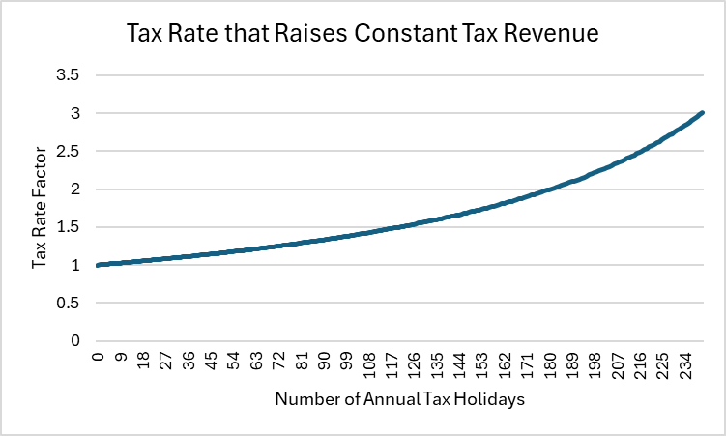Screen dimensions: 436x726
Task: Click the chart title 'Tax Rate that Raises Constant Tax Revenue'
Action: pyautogui.click(x=363, y=35)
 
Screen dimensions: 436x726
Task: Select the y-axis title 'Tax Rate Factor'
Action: pyautogui.click(x=40, y=208)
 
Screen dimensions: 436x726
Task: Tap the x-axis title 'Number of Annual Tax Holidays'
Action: pyautogui.click(x=399, y=399)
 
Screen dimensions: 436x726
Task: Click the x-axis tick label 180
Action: pyautogui.click(x=550, y=365)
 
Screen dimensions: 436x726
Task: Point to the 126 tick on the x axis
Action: pyautogui.click(x=415, y=365)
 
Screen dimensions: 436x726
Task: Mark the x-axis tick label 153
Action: pyautogui.click(x=482, y=365)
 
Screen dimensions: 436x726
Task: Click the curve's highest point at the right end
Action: pyautogui.click(x=702, y=113)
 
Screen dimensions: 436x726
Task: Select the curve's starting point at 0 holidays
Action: pyautogui.click(x=98, y=265)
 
